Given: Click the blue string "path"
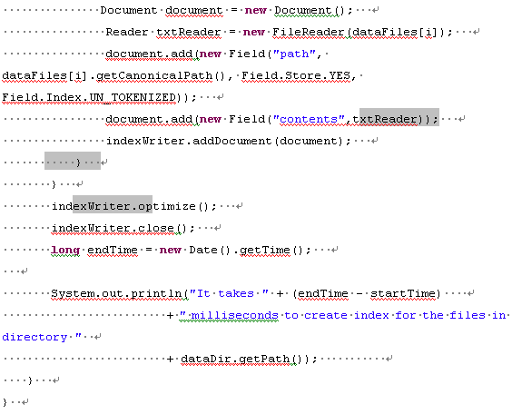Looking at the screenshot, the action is click(x=295, y=54).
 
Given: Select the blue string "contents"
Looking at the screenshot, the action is click(x=309, y=119).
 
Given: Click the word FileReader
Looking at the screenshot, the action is click(x=308, y=32).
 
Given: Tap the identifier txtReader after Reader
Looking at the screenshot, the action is click(x=189, y=32).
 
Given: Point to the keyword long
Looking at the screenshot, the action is click(x=65, y=250).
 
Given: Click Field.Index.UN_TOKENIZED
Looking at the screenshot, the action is click(x=90, y=97).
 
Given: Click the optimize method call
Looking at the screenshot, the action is click(x=167, y=206).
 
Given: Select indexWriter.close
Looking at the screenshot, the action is click(x=113, y=228).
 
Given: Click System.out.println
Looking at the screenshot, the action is click(x=116, y=293).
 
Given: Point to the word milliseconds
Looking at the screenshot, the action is click(x=234, y=315).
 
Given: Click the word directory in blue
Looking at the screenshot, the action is click(x=34, y=337).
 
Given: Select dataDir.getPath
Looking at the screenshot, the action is click(x=235, y=359).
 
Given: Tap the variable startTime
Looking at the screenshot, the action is click(x=403, y=293).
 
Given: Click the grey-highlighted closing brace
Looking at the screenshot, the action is click(x=78, y=163).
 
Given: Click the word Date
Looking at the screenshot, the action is click(x=203, y=250).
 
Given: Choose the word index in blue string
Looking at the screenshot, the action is click(x=371, y=315).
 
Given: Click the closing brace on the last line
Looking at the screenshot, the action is click(x=5, y=402).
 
